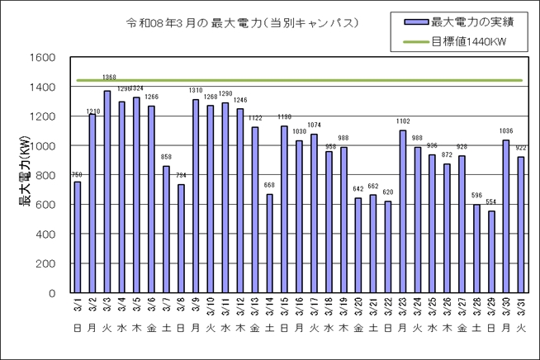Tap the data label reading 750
[x=77, y=174]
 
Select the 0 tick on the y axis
[x=52, y=293]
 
